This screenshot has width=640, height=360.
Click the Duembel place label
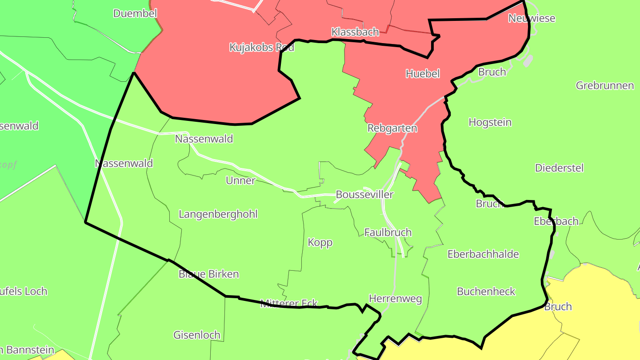pos(135,13)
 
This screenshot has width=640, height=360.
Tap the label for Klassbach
pos(355,32)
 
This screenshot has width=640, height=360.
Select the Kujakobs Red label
pos(262,47)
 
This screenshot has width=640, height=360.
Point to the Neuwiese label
pos(532,19)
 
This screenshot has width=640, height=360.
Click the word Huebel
pos(423,74)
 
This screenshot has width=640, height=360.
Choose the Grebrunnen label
pos(605,85)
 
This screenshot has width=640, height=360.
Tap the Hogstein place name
pos(490,122)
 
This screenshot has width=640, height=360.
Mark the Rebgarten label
pos(392,128)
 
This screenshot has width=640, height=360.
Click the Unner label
pos(240,180)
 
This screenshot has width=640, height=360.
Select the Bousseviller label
pos(364,195)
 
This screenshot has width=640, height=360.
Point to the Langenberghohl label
pos(218,214)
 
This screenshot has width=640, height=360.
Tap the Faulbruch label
pos(388,232)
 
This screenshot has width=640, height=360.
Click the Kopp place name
pos(320,243)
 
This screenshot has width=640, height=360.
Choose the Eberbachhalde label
pos(483,254)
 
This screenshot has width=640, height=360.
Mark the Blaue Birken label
pos(208,274)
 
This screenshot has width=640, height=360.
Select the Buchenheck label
pos(486,292)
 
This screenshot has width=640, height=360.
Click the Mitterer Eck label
pos(289,304)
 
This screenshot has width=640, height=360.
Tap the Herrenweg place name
pos(396,299)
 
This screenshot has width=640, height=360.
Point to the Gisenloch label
pos(196,335)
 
